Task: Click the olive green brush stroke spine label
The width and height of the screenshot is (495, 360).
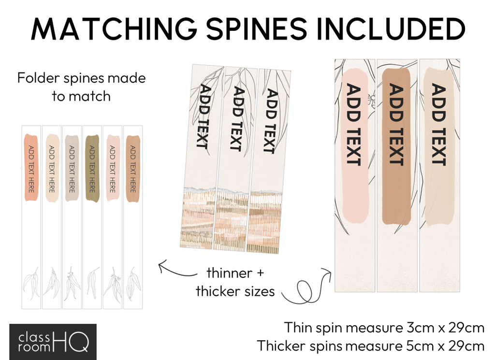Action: pos(92,168)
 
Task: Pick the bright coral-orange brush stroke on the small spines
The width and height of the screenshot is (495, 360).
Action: pos(30,167)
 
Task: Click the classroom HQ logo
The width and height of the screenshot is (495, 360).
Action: pos(53,341)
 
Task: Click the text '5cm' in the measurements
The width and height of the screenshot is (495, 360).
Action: pos(418,346)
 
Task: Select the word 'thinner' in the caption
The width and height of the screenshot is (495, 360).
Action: pos(229,273)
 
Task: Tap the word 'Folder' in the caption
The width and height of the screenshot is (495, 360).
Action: pos(37,78)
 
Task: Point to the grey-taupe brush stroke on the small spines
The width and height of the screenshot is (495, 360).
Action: pos(72,168)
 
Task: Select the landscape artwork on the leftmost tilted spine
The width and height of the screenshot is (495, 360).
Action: pos(197,217)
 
